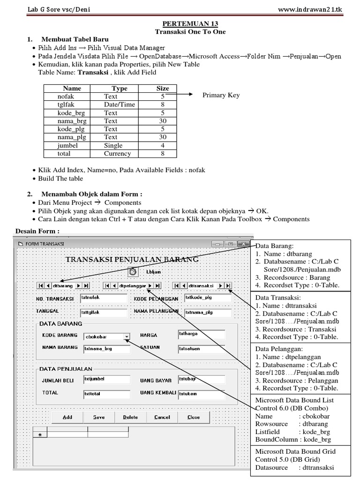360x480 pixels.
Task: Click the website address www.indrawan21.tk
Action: coord(317,9)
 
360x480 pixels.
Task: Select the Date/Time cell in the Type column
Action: coord(119,105)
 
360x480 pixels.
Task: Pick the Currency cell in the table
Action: coord(117,153)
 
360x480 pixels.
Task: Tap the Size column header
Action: coord(163,88)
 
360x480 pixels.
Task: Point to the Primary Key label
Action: coord(221,95)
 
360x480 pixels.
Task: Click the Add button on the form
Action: coord(67,417)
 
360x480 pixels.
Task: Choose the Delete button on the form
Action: coord(130,417)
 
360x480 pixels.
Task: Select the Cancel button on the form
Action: coord(162,417)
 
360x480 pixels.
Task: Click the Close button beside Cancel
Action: coord(194,417)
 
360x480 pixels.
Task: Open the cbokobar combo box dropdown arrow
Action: coord(126,336)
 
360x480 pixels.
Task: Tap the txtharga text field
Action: coord(201,334)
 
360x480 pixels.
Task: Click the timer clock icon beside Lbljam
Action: coord(133,271)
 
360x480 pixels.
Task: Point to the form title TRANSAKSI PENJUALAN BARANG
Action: coord(132,259)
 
